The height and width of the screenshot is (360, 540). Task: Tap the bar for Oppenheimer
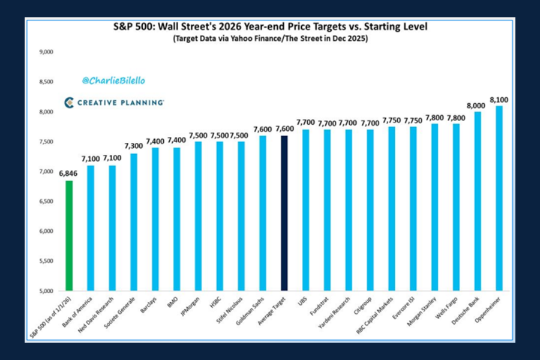coord(499,198)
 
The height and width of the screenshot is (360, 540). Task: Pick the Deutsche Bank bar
coord(478,201)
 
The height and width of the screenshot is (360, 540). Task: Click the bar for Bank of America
coord(90,228)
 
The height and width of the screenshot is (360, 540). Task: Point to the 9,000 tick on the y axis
coord(46,52)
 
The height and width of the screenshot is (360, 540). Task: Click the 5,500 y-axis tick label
coord(46,261)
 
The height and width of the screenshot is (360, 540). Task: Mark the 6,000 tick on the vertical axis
coord(46,231)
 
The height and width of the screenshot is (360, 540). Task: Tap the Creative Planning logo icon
coord(69,103)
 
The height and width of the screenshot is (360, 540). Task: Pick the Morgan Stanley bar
coord(435,207)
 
